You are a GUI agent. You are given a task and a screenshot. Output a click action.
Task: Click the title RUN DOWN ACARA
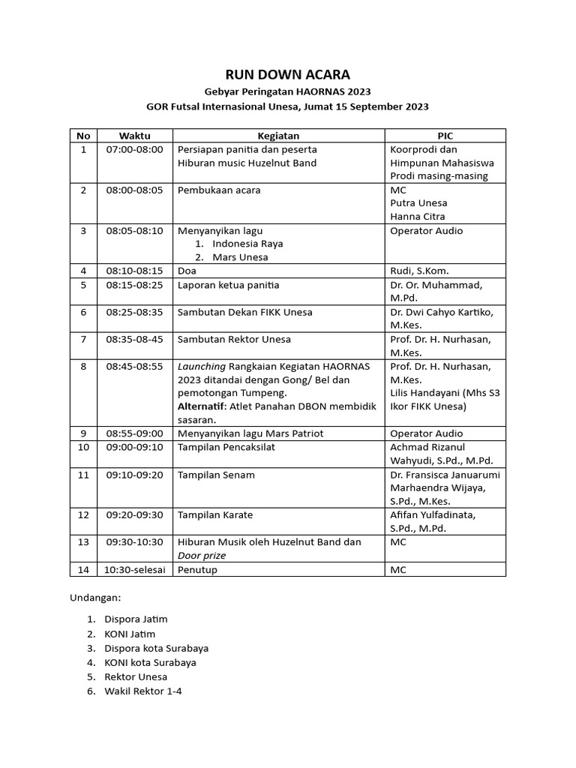tap(288, 74)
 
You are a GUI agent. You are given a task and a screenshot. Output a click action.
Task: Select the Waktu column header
tap(134, 136)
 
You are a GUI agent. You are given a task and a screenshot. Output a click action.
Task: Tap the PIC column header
tap(445, 136)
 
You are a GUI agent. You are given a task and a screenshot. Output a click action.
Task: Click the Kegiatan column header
tap(278, 136)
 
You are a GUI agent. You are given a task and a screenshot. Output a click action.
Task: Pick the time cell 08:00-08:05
tap(134, 190)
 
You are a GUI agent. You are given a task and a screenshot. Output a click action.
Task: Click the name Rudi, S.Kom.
tap(419, 271)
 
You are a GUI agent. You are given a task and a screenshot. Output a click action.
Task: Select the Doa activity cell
tap(187, 271)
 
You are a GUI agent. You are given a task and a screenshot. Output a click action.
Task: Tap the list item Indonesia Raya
tap(247, 244)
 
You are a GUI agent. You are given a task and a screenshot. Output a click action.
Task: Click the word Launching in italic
tap(200, 366)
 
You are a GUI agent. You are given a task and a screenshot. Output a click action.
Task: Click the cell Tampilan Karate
tap(215, 514)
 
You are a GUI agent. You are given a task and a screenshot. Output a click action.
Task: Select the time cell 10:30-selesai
tap(134, 570)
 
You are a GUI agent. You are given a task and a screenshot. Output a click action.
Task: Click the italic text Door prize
tap(202, 556)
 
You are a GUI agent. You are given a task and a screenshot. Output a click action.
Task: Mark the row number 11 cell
tap(83, 475)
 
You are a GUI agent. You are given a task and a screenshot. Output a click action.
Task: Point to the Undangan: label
tap(95, 598)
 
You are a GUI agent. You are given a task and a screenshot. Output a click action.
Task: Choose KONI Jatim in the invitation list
tap(130, 634)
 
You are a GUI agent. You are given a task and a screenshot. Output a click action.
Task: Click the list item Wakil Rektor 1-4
tap(142, 691)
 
